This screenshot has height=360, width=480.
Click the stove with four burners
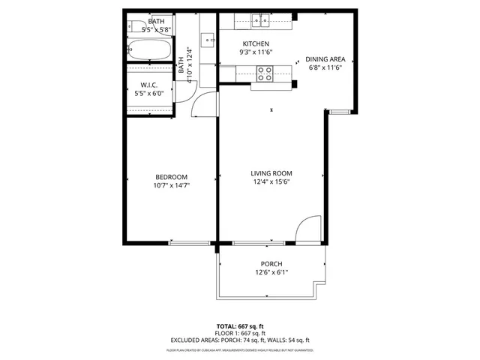pos(265,73)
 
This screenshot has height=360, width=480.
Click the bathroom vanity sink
pos(206,37)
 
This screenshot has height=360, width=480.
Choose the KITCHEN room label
pos(256,44)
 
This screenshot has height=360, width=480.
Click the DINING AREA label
pos(325,59)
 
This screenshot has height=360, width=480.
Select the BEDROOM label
pos(171,177)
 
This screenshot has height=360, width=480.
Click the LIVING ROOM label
pos(270,173)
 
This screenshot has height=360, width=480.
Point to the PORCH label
pos(271,264)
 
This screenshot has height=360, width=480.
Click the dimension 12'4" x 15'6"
pos(270,181)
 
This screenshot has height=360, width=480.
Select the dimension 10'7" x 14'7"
pos(171,185)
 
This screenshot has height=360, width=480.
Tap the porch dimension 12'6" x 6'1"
pos(271,272)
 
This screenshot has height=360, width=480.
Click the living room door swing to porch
pos(307,229)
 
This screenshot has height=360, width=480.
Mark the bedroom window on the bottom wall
pos(190,243)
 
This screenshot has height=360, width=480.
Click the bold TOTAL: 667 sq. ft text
pos(240,326)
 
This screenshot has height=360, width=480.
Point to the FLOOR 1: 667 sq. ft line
pos(240,333)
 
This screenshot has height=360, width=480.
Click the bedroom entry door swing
pos(205,107)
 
